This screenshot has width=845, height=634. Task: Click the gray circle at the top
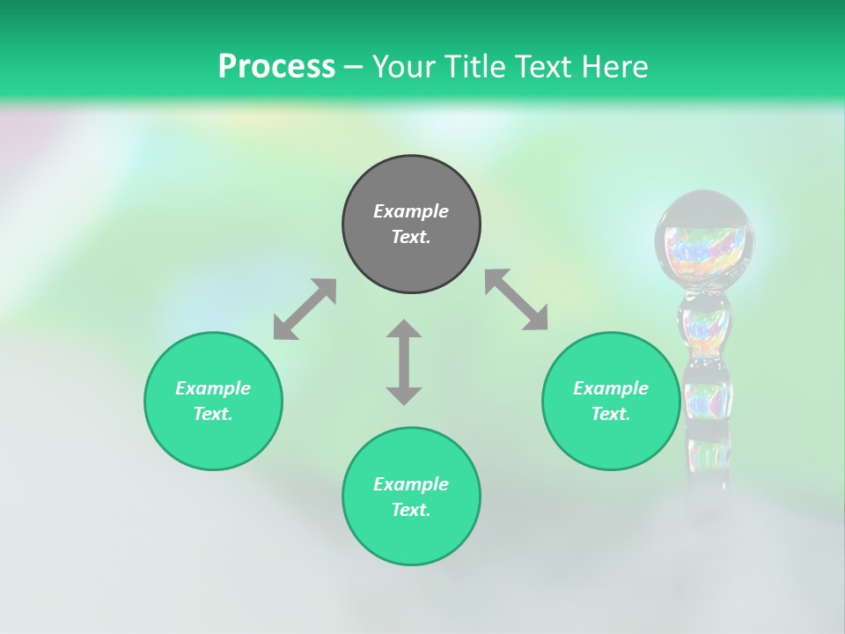(411, 224)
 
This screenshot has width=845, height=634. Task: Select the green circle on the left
(213, 401)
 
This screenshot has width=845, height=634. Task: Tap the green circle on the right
(610, 401)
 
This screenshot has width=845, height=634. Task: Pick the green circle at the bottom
(411, 497)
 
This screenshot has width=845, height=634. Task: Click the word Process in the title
(276, 66)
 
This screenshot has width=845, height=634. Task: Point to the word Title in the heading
(473, 66)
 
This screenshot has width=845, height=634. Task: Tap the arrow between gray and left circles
(305, 309)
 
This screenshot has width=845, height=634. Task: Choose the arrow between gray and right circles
(516, 299)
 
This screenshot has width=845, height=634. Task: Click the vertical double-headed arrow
(404, 362)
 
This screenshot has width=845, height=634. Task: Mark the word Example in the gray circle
(411, 211)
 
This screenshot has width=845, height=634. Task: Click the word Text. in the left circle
(213, 414)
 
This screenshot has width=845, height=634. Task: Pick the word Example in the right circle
(610, 388)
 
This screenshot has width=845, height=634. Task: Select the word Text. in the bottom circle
(411, 510)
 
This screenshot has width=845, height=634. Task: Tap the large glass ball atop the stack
(705, 240)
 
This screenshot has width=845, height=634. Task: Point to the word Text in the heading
(545, 66)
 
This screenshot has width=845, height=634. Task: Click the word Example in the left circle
(213, 388)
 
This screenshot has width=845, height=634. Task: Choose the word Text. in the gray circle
(411, 237)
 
